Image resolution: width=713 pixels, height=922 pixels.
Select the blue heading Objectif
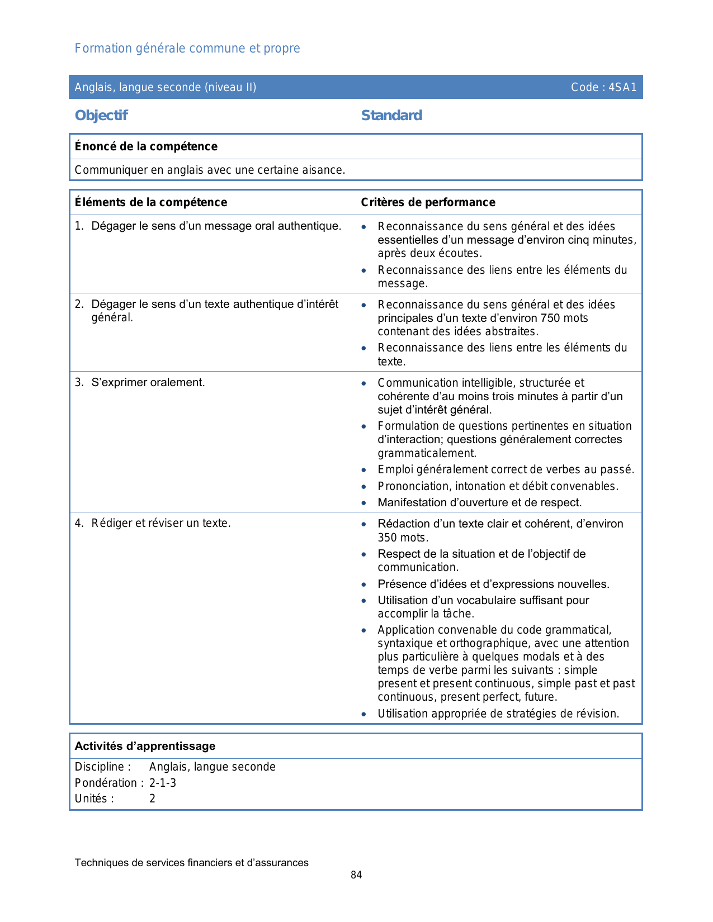click(101, 116)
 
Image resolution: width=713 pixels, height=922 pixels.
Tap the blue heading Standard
click(391, 116)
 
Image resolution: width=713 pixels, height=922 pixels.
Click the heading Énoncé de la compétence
click(146, 146)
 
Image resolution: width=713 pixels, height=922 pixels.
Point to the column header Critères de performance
click(428, 202)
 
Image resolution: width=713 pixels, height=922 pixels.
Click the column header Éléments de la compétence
click(151, 202)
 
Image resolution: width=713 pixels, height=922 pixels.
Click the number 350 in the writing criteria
click(388, 538)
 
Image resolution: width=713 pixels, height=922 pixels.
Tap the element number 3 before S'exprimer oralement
click(78, 383)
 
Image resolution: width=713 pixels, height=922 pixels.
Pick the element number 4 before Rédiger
click(78, 524)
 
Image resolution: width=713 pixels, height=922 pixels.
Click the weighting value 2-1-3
click(163, 783)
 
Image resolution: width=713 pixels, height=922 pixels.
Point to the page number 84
click(356, 875)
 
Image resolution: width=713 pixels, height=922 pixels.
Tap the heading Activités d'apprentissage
click(145, 746)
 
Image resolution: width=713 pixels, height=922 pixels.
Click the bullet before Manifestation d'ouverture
click(364, 503)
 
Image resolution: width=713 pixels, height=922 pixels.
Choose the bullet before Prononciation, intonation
click(364, 487)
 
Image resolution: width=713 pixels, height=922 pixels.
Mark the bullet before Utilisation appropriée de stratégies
click(364, 714)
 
